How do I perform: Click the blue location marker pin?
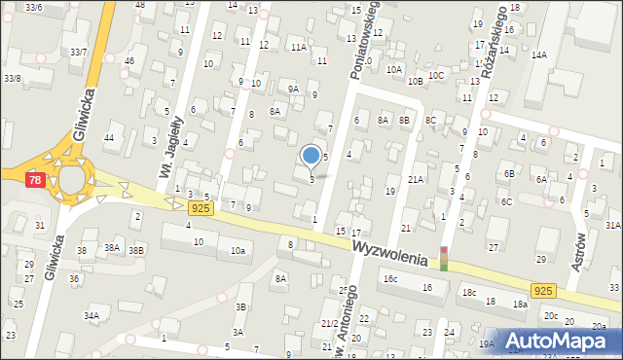pyautogui.click(x=311, y=155)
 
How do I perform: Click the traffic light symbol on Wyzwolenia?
pyautogui.click(x=444, y=258)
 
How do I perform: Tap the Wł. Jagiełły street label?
pyautogui.click(x=170, y=147)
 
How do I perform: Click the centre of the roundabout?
pyautogui.click(x=71, y=180)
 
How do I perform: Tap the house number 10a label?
pyautogui.click(x=238, y=251)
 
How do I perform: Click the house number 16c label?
pyautogui.click(x=390, y=278)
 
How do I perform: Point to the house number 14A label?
pyautogui.click(x=538, y=55)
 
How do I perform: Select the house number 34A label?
pyautogui.click(x=92, y=315)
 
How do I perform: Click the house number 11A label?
pyautogui.click(x=298, y=46)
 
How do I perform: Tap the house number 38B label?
pyautogui.click(x=136, y=249)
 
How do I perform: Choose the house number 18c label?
pyautogui.click(x=470, y=292)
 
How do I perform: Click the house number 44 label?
pyautogui.click(x=109, y=138)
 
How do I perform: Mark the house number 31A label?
pyautogui.click(x=612, y=225)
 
